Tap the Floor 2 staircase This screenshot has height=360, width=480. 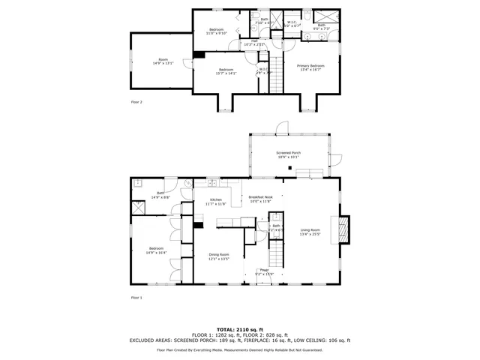click(x=279, y=74)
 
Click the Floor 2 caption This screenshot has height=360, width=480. click(x=136, y=101)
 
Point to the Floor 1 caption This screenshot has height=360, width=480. click(x=136, y=298)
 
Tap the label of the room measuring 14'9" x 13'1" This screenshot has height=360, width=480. click(x=163, y=61)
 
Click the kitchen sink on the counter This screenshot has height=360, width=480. click(x=213, y=182)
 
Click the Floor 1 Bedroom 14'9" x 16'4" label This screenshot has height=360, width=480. click(x=156, y=250)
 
